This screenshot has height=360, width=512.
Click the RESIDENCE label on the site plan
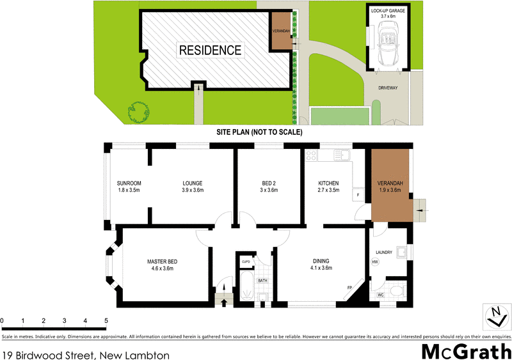(x=210, y=50)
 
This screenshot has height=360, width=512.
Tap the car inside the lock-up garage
(x=389, y=45)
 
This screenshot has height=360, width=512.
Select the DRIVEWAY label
(x=387, y=88)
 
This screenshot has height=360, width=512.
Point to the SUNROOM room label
(x=129, y=187)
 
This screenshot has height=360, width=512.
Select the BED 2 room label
(x=269, y=187)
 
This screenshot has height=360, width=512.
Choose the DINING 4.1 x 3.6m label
(x=321, y=264)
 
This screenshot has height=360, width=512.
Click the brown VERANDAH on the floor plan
(x=390, y=185)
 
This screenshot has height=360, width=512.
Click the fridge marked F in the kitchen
(x=358, y=195)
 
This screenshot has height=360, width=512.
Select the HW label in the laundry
(x=375, y=262)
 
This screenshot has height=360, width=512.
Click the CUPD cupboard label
(x=246, y=262)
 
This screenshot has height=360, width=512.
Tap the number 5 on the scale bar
(x=106, y=320)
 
